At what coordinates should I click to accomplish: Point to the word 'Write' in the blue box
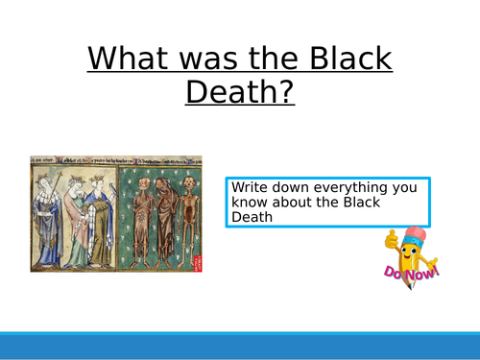[250, 187]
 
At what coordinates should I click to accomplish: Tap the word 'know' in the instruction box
[249, 203]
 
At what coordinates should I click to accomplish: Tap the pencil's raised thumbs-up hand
[392, 236]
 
